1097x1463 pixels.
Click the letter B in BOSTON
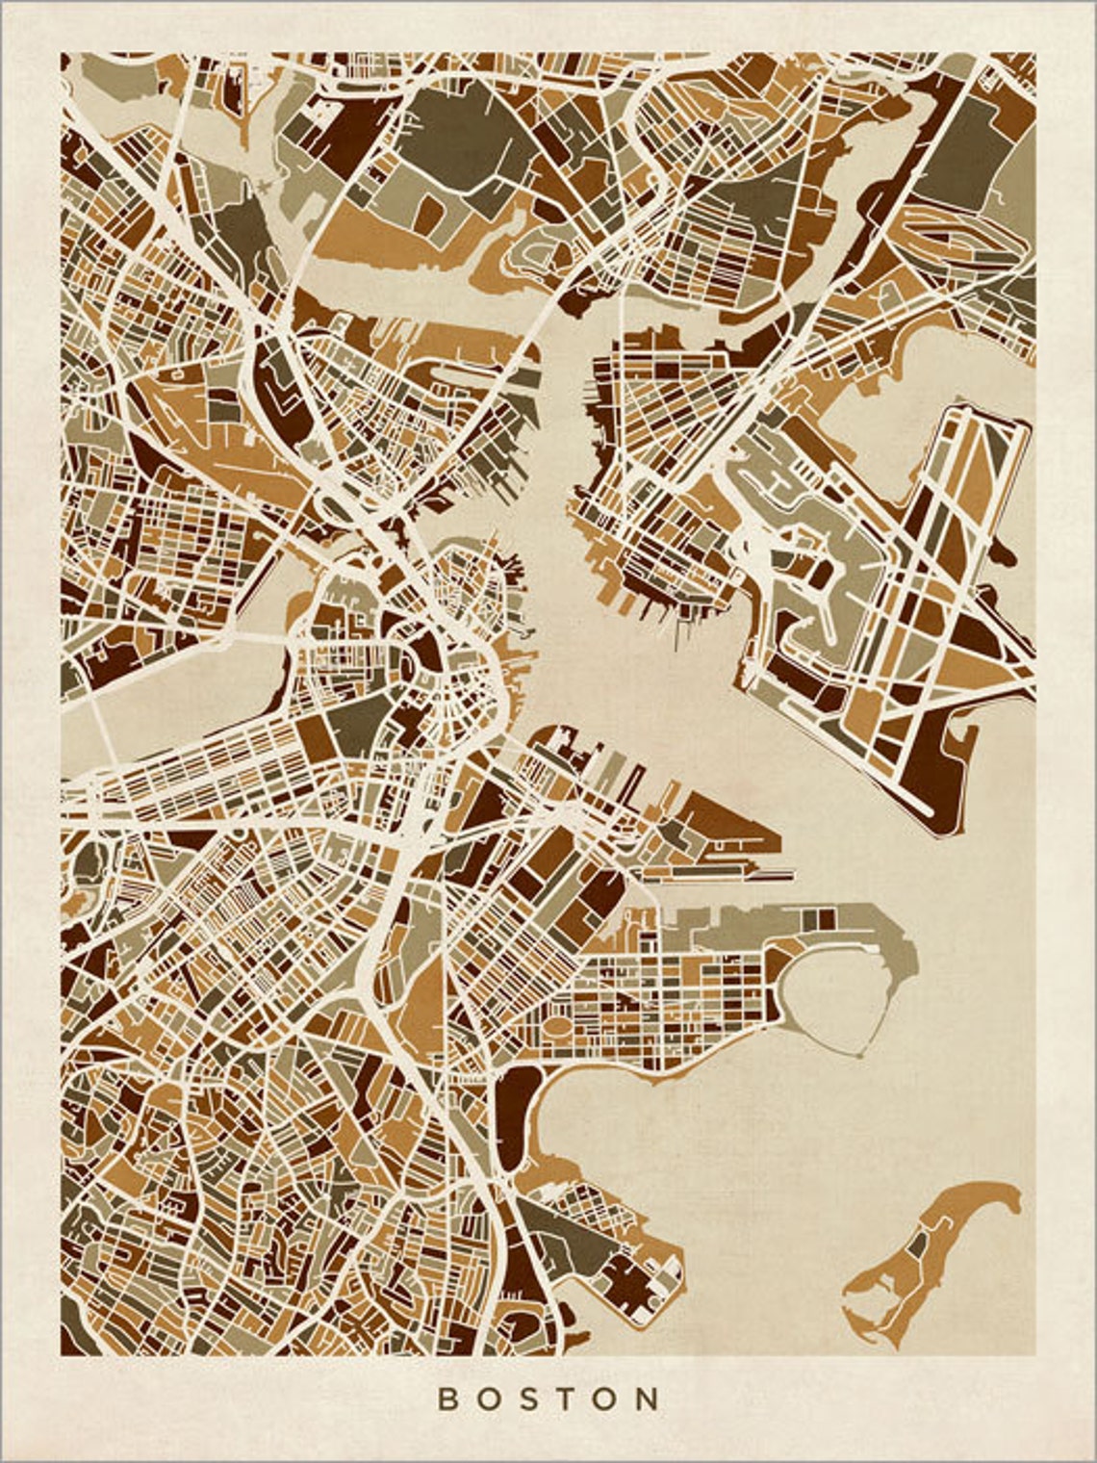tap(447, 1399)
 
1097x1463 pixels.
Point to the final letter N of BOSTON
tap(650, 1399)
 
